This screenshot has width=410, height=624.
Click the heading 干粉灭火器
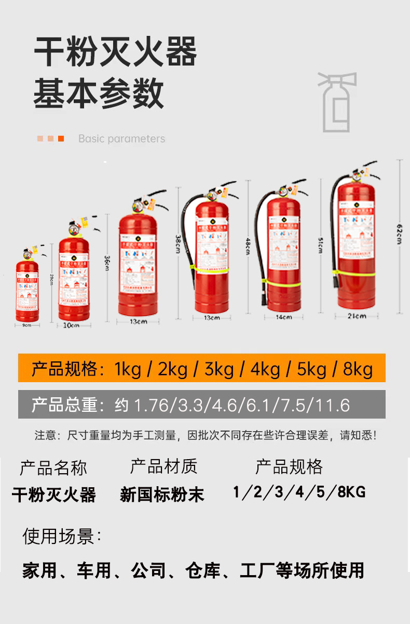tap(115, 52)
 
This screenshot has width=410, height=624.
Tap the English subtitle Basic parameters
tap(121, 139)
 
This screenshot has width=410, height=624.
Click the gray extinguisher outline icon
tap(337, 102)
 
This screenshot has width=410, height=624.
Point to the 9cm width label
tap(27, 325)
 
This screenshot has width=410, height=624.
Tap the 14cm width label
tap(283, 317)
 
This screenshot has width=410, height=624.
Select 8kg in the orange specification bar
tap(358, 369)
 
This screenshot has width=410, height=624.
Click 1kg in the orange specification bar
tap(128, 369)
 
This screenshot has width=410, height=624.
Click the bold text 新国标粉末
tap(162, 495)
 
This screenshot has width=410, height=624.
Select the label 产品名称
tap(53, 468)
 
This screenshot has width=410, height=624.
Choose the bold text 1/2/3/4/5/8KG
tap(299, 491)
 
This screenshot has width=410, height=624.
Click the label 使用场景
tap(62, 536)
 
